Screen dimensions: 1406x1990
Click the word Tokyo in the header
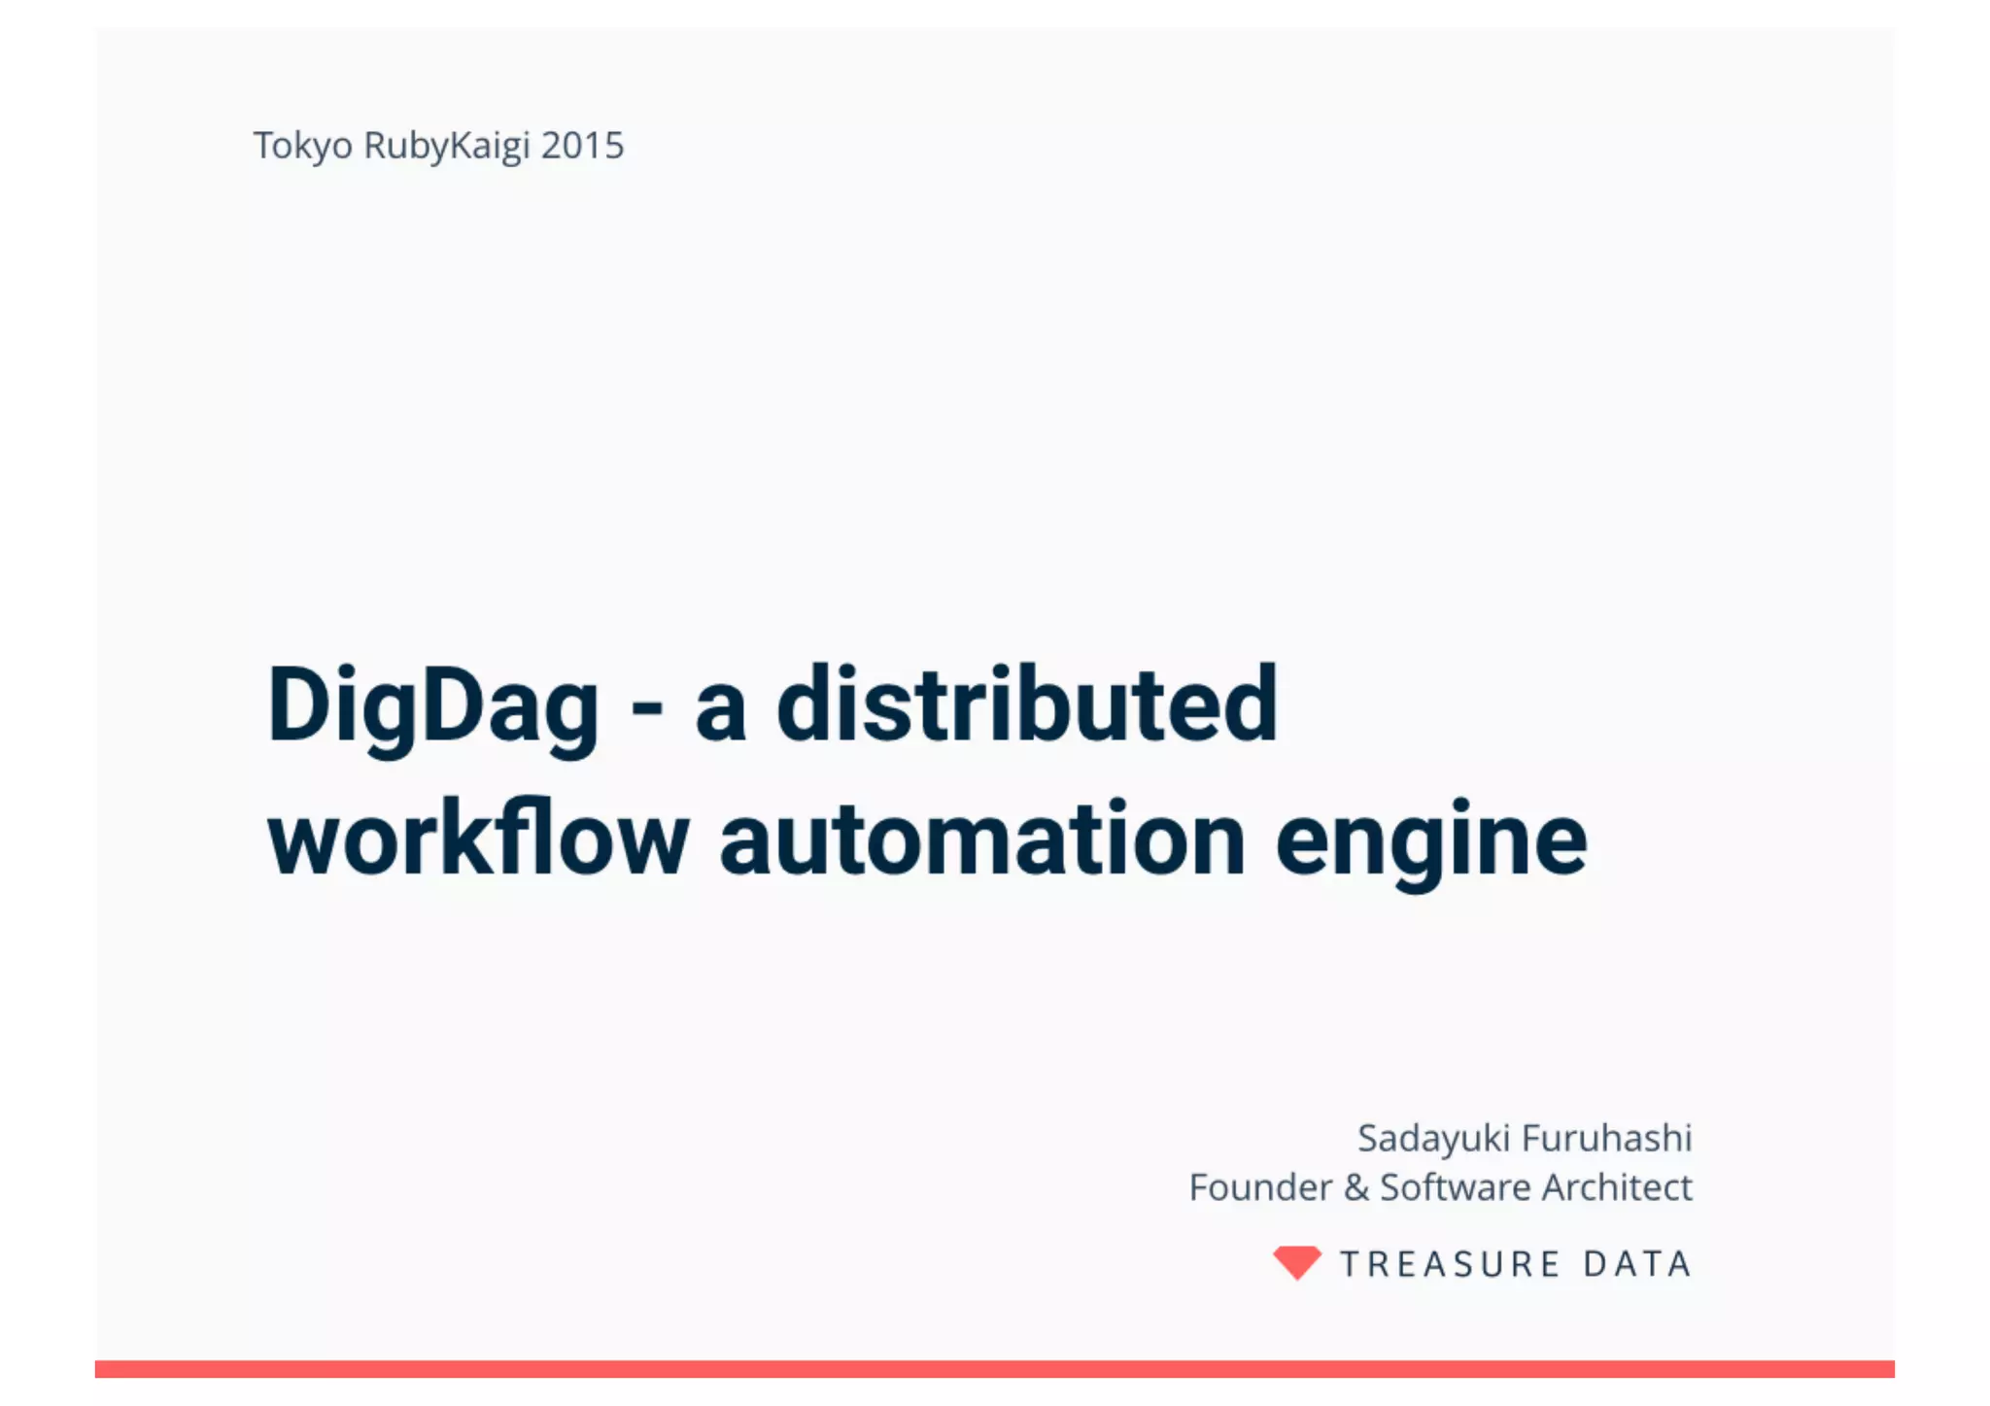(x=302, y=147)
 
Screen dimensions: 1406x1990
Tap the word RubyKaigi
(x=447, y=147)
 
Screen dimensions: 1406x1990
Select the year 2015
(x=582, y=146)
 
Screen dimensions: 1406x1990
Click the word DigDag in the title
(x=432, y=706)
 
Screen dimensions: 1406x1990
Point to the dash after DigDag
(x=646, y=707)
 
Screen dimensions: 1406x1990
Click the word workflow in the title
(x=478, y=839)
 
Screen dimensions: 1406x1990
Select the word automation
(x=981, y=839)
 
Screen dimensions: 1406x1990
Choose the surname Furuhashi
(x=1607, y=1138)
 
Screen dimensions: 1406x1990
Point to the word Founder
(x=1260, y=1187)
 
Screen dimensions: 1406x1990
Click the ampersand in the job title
(x=1356, y=1187)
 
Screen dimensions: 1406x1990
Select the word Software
(x=1456, y=1187)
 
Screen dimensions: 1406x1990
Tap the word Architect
(x=1617, y=1187)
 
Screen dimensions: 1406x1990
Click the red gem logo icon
(x=1297, y=1262)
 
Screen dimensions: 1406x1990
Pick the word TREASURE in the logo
(x=1450, y=1264)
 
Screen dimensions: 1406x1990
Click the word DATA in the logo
(x=1637, y=1264)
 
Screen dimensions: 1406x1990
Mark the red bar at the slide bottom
(x=994, y=1368)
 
